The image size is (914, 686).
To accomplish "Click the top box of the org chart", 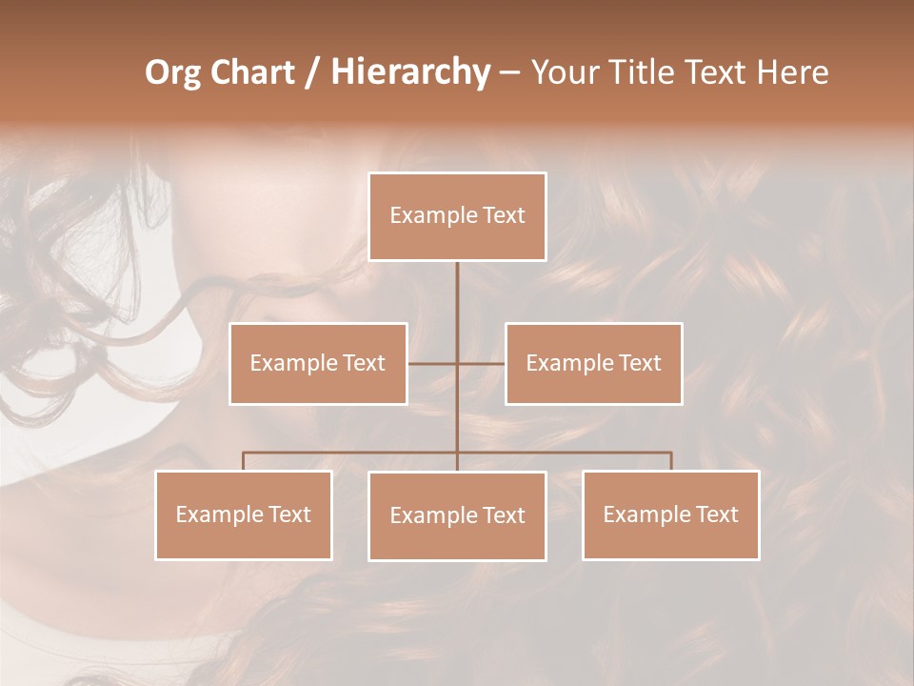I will point(457,216).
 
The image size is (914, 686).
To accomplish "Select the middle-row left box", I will point(318,363).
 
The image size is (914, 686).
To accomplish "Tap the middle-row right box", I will point(593,363).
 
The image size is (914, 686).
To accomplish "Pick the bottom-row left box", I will point(244,514).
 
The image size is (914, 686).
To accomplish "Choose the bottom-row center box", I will point(457,515).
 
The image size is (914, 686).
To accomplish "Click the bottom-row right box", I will point(670,514).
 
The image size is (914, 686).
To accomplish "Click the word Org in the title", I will point(171,72).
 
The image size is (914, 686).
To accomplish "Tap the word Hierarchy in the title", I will point(409,72).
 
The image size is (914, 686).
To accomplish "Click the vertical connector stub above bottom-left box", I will point(244,461).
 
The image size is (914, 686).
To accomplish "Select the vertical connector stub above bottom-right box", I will point(671,461).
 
